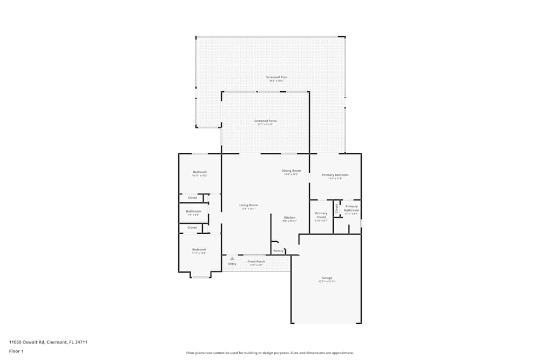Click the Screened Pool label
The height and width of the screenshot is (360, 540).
click(276, 77)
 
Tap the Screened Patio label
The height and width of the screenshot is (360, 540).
click(265, 121)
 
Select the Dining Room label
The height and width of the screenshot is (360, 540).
click(291, 171)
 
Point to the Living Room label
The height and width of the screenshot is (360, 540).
click(248, 205)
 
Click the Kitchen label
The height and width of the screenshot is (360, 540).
click(289, 218)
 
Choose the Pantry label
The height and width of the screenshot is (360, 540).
click(278, 250)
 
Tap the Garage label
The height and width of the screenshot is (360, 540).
click(327, 278)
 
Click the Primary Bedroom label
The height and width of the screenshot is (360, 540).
click(335, 175)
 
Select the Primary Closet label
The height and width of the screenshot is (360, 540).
click(321, 215)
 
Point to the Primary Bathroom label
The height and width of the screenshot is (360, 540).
click(351, 208)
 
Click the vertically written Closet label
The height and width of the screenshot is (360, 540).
click(336, 208)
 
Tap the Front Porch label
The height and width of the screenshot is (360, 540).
click(256, 262)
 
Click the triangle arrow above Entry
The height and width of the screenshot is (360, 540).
click(232, 259)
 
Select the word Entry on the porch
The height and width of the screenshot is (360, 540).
click(232, 264)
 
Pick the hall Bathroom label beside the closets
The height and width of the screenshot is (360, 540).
click(193, 211)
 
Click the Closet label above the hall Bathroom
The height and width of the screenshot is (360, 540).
click(192, 198)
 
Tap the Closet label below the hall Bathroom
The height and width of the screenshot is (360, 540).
click(192, 228)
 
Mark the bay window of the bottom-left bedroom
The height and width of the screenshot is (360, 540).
click(200, 276)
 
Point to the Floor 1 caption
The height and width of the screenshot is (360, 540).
click(16, 351)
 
